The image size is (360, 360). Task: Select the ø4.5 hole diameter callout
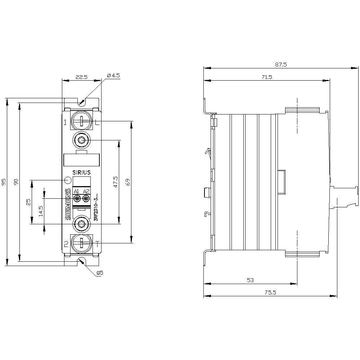click(113, 76)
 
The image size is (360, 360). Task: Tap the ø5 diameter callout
click(100, 273)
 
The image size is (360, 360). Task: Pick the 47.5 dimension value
click(115, 181)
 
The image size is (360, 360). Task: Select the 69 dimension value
click(127, 182)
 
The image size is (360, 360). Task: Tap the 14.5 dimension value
click(41, 211)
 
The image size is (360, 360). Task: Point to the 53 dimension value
click(251, 280)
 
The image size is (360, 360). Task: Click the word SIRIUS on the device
click(82, 172)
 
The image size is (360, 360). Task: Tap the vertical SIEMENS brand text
click(68, 204)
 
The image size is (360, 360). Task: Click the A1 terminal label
click(76, 191)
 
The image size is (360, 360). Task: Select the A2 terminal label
click(86, 191)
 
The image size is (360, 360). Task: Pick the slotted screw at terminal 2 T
click(81, 244)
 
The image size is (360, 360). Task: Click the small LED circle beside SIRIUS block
click(68, 180)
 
